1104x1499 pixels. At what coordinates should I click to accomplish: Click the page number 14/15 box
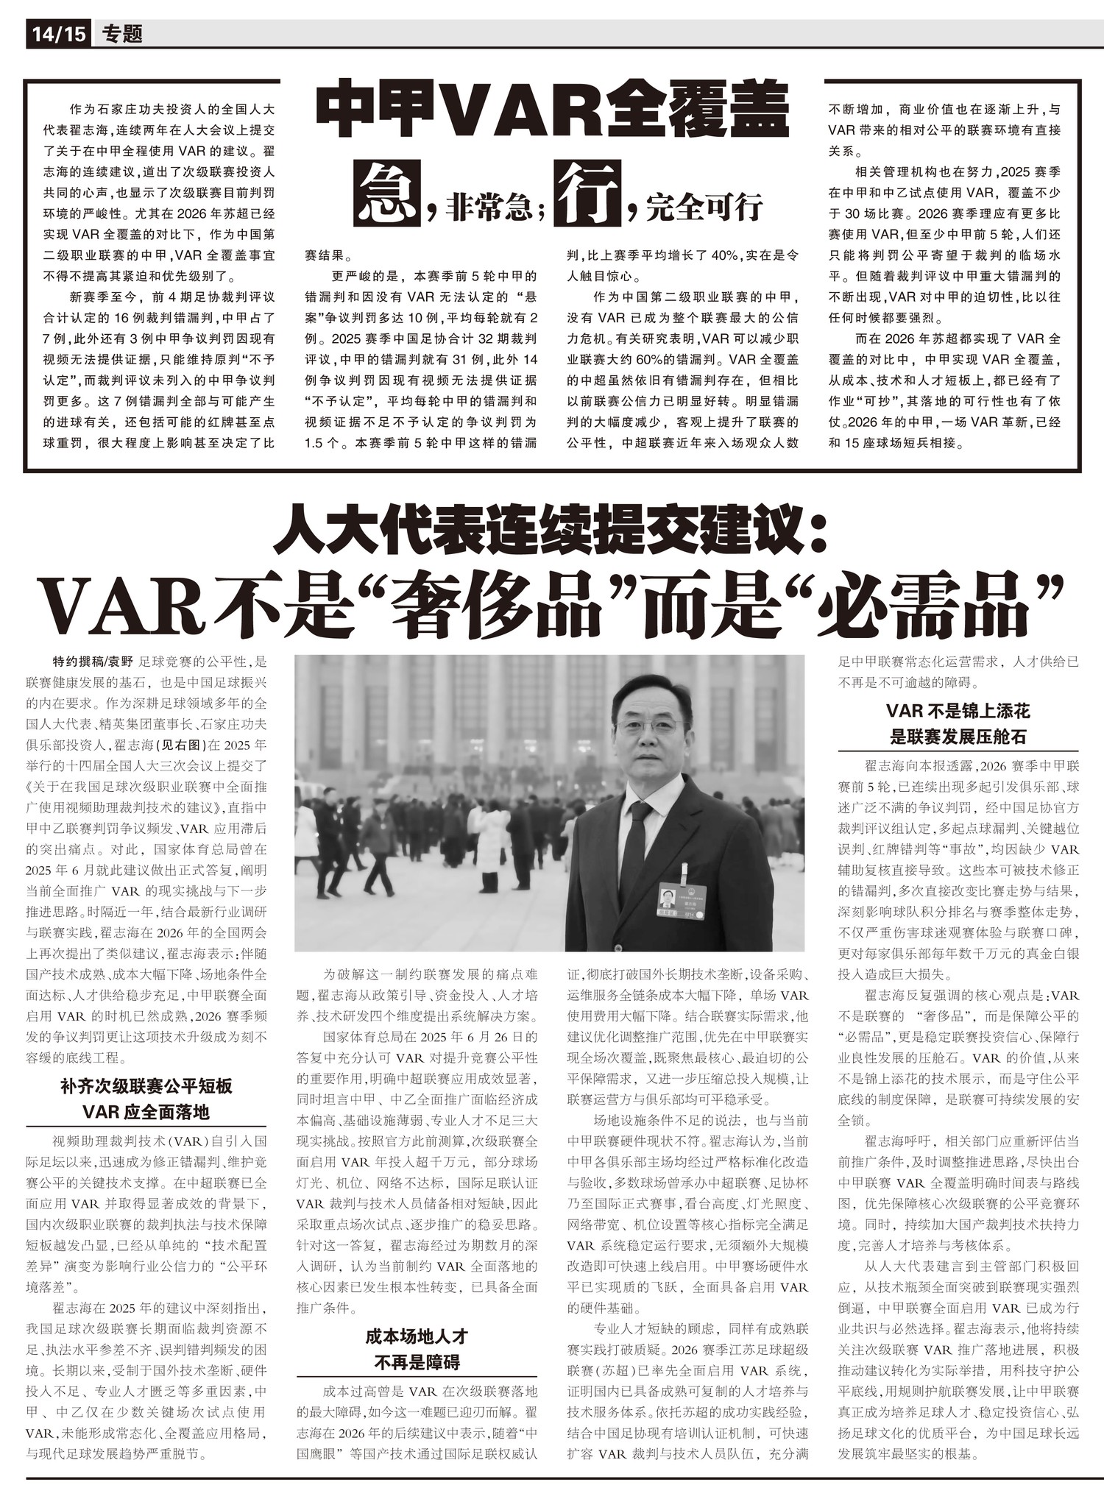[x=59, y=34]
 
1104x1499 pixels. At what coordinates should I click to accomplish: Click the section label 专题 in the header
[x=123, y=34]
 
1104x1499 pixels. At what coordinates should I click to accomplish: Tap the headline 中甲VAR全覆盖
[x=553, y=112]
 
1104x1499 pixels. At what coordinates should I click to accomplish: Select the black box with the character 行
[x=588, y=193]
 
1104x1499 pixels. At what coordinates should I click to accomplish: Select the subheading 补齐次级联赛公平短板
[x=146, y=1085]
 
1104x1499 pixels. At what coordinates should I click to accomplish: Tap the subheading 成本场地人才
[x=417, y=1336]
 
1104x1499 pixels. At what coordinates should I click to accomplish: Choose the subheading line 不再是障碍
[x=417, y=1361]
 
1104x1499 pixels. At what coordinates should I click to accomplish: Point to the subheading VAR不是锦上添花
[x=958, y=711]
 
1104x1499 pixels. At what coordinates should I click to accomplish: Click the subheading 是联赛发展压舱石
[x=958, y=737]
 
